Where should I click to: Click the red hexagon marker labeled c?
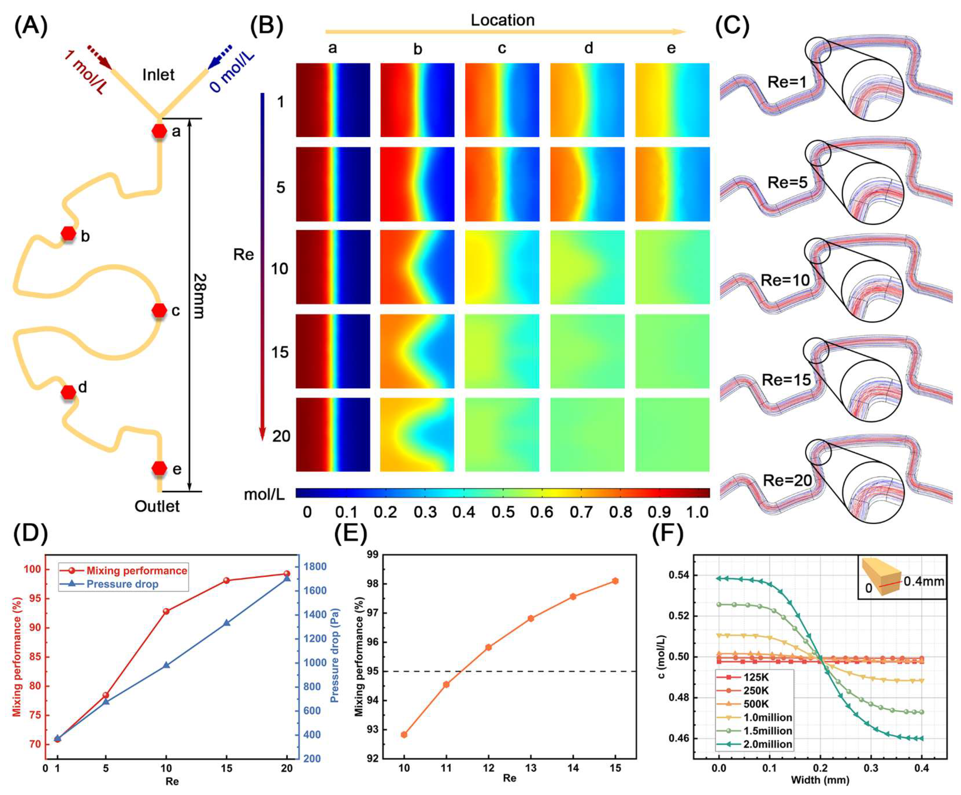tap(159, 310)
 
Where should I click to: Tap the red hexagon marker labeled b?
tap(69, 233)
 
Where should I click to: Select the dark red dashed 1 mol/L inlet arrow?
tap(100, 57)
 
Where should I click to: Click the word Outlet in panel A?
tap(157, 506)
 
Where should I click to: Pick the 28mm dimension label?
tap(199, 296)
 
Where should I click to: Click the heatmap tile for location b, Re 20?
tap(417, 435)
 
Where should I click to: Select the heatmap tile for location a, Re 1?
tap(333, 100)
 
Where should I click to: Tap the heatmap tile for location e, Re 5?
tap(672, 184)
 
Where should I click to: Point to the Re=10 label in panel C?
tap(785, 280)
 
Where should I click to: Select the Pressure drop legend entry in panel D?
tap(122, 584)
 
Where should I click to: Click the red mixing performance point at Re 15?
tap(226, 580)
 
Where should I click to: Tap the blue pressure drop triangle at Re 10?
tap(166, 665)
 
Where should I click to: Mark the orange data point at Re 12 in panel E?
tap(488, 647)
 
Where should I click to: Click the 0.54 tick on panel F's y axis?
tap(679, 575)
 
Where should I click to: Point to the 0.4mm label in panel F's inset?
tap(924, 581)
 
